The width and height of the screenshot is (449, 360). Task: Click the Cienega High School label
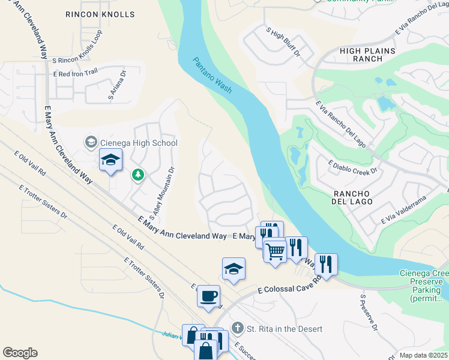[x=138, y=143]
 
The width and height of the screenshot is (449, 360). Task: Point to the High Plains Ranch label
[x=361, y=55]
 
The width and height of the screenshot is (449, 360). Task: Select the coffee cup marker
[x=208, y=296]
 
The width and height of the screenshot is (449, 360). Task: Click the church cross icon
[x=238, y=328]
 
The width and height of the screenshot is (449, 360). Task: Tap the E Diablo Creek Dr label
[x=352, y=167]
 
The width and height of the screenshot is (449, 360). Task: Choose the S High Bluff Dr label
[x=283, y=41]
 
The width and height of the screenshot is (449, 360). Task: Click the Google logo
[x=20, y=353]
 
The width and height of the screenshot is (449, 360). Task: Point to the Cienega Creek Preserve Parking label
[x=423, y=285]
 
